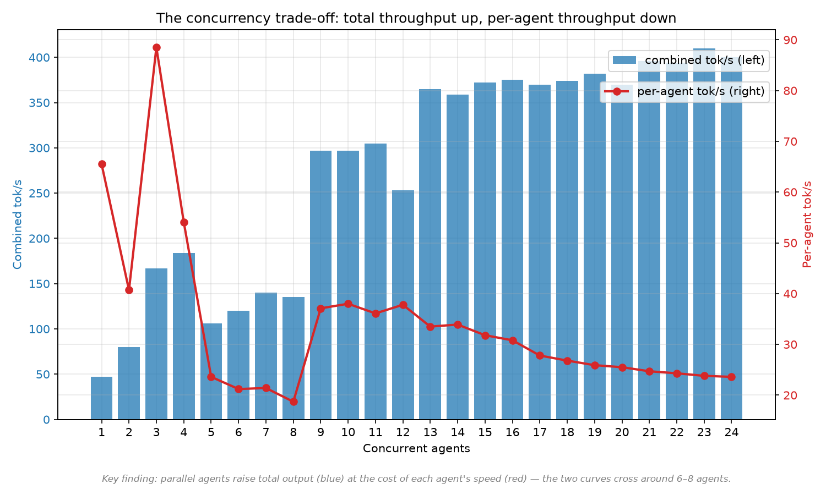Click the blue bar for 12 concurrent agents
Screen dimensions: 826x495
[x=403, y=305]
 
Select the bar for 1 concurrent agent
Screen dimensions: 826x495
[x=102, y=398]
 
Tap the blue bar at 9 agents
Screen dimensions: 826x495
[x=320, y=285]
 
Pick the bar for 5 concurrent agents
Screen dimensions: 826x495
[x=211, y=371]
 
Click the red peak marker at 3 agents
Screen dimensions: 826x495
[x=156, y=47]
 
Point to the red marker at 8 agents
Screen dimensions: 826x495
[x=294, y=402]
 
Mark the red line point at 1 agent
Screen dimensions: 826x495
[x=102, y=164]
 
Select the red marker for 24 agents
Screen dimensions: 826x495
[x=732, y=377]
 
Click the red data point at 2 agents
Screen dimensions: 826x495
[x=129, y=290]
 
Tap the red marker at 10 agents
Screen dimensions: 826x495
[x=348, y=304]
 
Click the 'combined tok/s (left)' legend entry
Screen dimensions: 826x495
[x=689, y=60]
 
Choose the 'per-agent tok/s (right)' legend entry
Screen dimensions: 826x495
[x=685, y=91]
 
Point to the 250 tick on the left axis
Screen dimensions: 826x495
[x=39, y=194]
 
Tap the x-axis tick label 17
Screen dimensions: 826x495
[x=540, y=432]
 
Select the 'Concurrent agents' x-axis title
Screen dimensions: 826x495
[x=416, y=449]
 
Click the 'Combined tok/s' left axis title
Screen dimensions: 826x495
[x=17, y=224]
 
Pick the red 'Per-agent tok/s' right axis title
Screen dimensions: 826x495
[x=807, y=224]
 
